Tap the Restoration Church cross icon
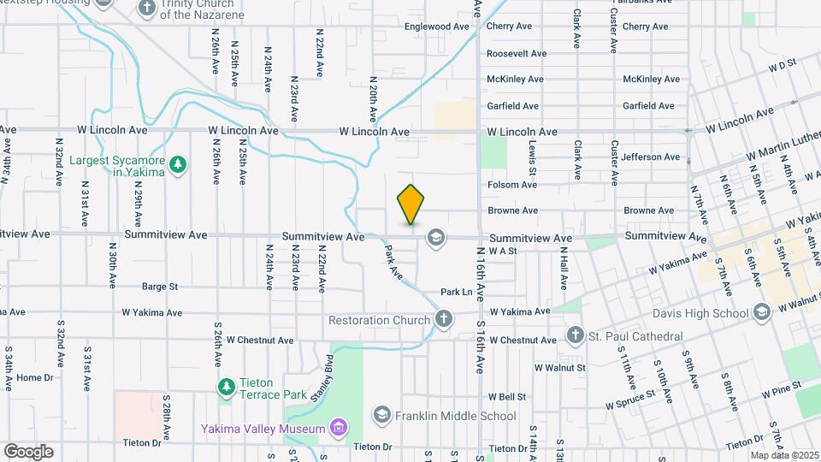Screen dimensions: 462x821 [x=443, y=320]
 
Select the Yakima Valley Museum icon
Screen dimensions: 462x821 [x=339, y=428]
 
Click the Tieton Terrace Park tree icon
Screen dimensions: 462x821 [x=226, y=387]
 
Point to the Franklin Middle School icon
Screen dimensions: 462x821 [x=381, y=416]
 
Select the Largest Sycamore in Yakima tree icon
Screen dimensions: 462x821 [x=178, y=163]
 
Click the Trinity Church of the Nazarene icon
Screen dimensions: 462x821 [x=146, y=9]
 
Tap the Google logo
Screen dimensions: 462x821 [x=28, y=451]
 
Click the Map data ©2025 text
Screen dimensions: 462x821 [x=783, y=455]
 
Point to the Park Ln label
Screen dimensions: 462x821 [x=457, y=292]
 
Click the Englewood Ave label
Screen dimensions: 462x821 [x=438, y=27]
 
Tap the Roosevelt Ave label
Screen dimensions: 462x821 [x=516, y=53]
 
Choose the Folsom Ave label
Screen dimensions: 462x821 [x=512, y=184]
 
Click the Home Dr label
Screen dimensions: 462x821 [x=34, y=377]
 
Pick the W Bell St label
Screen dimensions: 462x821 [x=508, y=396]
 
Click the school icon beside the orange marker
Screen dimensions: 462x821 [x=435, y=237]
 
